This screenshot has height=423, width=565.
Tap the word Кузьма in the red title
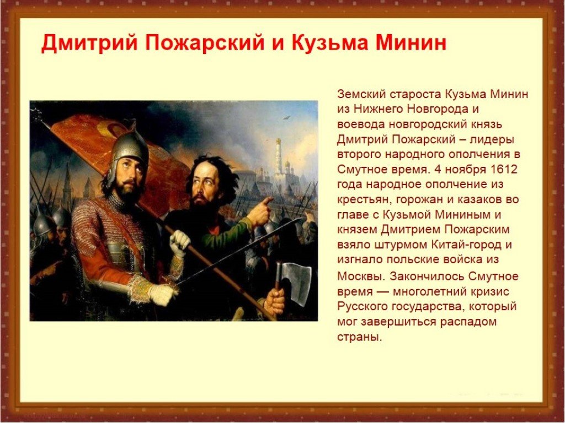pyautogui.click(x=328, y=43)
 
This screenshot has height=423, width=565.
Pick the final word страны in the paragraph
pyautogui.click(x=359, y=338)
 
